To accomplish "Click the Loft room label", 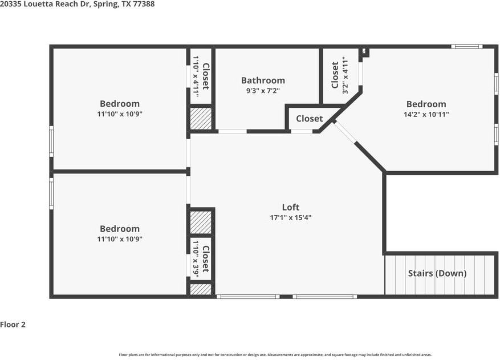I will [290, 207].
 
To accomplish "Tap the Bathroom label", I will [263, 80].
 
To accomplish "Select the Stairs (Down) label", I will [437, 273].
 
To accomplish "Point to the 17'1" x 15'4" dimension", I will [290, 217].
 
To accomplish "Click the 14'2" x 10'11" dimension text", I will [426, 114].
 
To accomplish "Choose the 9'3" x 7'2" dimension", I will [263, 90].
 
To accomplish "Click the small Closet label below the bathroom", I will [309, 119].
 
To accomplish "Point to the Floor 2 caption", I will [13, 325].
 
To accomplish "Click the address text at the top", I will [77, 4].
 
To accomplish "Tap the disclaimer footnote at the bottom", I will [275, 354].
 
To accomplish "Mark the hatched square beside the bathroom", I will [201, 119].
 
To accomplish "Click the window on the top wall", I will [466, 46].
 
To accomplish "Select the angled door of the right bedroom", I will [345, 133].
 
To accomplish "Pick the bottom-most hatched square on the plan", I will [200, 289].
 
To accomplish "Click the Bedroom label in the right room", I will [426, 104].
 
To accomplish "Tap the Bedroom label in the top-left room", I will [120, 103].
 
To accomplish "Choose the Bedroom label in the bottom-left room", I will [120, 229].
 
